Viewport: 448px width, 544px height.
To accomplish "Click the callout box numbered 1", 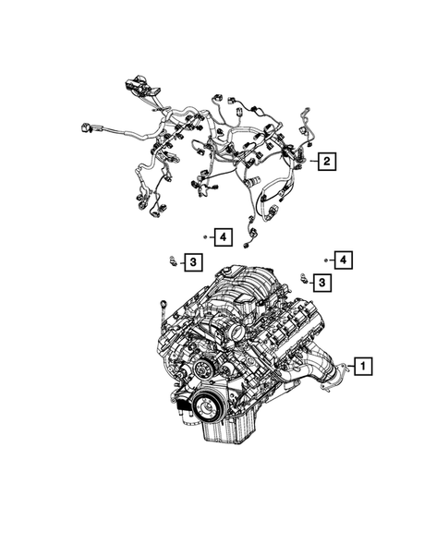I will (364, 367).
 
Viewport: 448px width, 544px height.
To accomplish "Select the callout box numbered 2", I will (326, 163).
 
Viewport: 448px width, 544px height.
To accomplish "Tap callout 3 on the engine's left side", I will (191, 264).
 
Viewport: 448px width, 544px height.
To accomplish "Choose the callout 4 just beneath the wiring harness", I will (222, 238).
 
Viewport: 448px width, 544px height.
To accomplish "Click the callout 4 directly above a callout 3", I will (344, 260).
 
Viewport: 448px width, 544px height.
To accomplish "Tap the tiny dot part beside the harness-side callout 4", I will (207, 237).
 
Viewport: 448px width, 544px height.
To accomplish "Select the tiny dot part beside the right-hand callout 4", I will (326, 261).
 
